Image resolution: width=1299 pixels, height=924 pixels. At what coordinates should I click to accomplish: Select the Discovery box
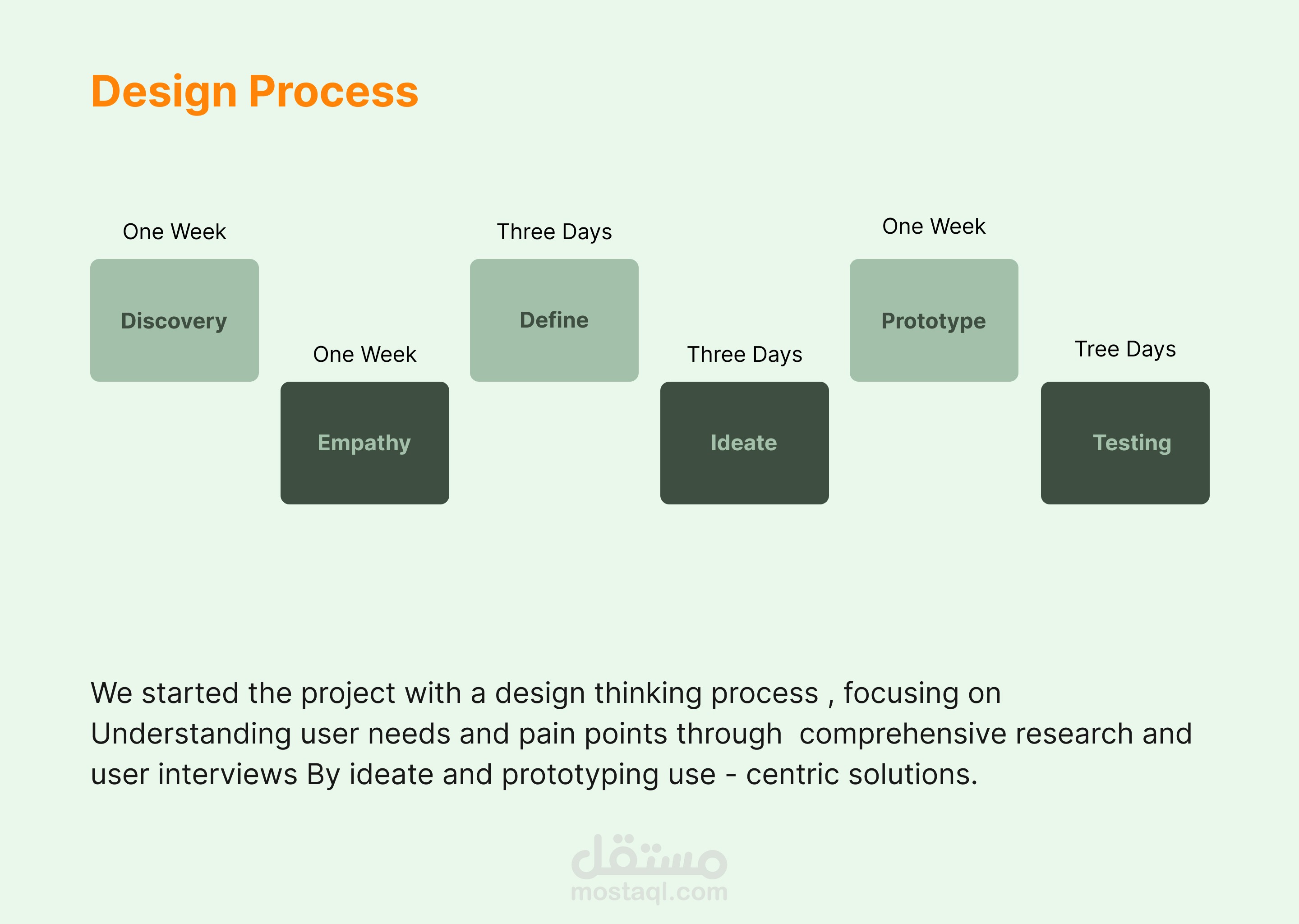175,320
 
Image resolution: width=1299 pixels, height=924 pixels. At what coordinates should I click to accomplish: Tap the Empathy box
364,443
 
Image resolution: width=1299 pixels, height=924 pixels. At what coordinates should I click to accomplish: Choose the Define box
554,320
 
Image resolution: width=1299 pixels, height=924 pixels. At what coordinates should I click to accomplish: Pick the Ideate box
745,443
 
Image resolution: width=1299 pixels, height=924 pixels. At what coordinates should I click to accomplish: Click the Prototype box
934,320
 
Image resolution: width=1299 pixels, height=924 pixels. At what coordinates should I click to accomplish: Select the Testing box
1125,443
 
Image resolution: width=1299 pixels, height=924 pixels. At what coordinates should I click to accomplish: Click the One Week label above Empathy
364,355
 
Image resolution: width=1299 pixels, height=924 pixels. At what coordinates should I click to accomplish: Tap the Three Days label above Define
554,232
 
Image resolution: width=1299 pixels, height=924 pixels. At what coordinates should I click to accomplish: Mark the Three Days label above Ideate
745,355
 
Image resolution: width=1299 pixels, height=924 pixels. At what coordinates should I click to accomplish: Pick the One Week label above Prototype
934,226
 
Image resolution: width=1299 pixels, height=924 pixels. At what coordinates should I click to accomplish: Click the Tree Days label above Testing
1125,349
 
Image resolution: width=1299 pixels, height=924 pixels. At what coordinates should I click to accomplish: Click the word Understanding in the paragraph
191,735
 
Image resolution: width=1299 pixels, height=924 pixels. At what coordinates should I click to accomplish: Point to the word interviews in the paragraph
227,774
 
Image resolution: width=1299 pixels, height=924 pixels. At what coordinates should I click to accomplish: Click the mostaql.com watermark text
649,892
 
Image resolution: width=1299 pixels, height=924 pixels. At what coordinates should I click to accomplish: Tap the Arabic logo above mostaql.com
649,856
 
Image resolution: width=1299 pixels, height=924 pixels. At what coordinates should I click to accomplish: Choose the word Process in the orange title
333,92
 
